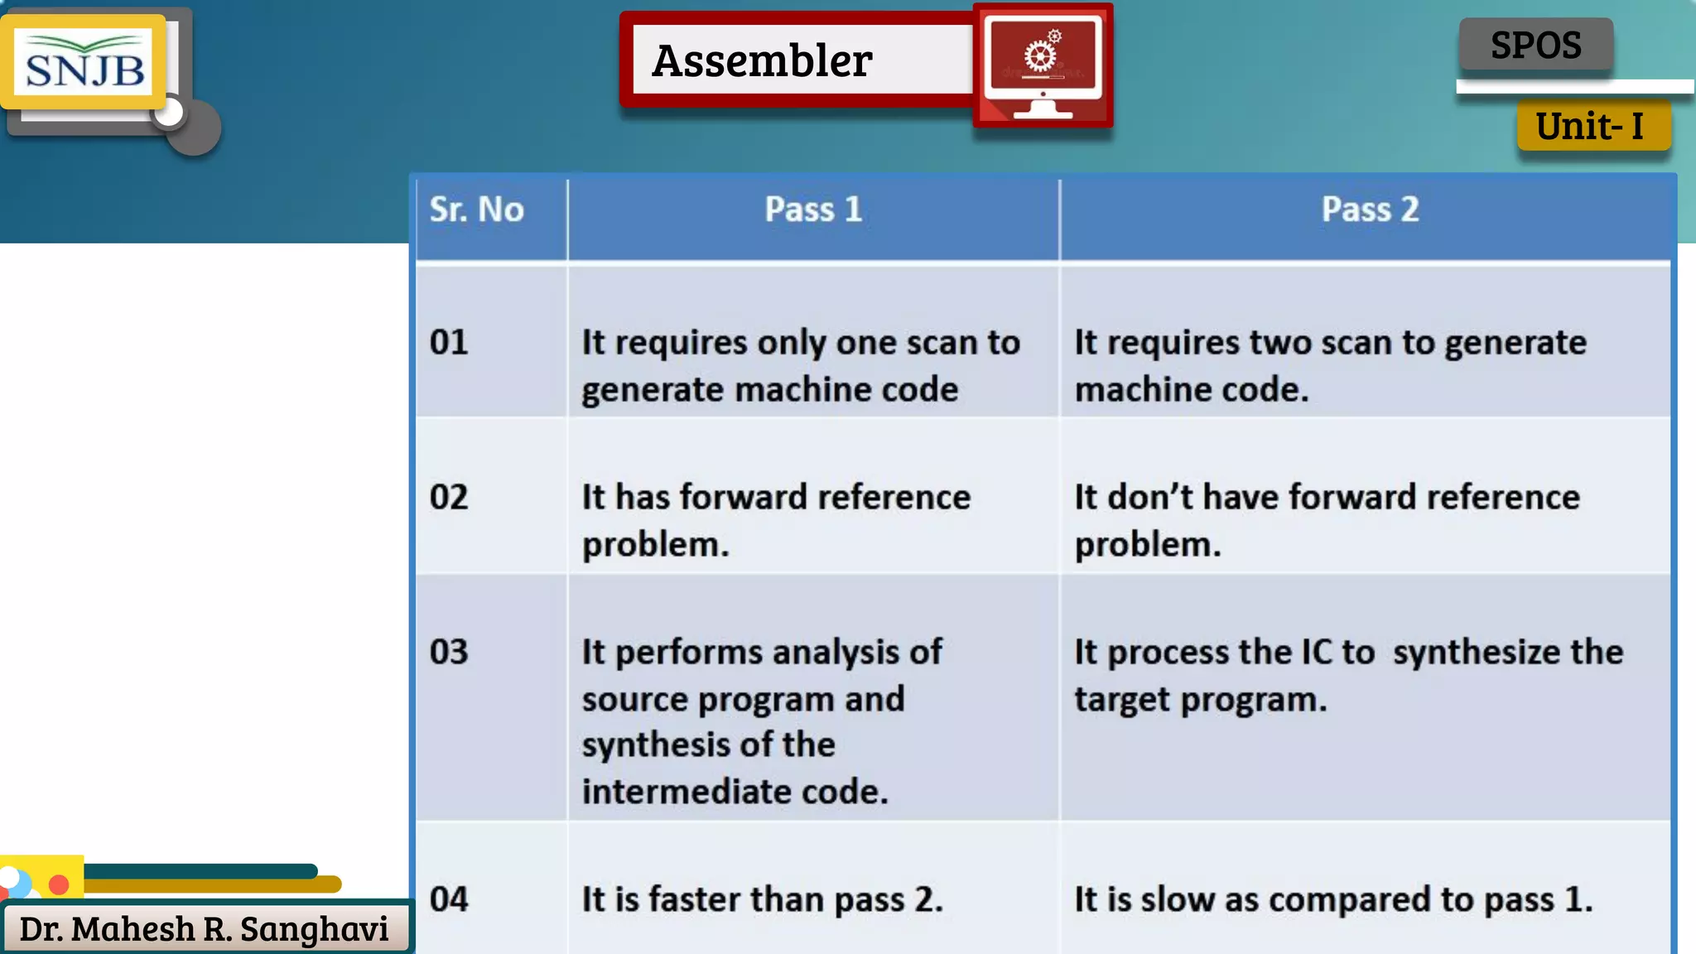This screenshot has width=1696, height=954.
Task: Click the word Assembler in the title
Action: click(x=762, y=60)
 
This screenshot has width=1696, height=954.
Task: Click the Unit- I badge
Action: click(x=1590, y=126)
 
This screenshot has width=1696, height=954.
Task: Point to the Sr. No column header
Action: click(x=476, y=210)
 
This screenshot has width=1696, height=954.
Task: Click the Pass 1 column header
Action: click(x=813, y=210)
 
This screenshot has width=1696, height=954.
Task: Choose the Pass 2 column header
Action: click(x=1370, y=210)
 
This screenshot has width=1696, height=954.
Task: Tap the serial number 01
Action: click(x=449, y=342)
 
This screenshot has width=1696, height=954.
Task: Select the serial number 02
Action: click(x=449, y=497)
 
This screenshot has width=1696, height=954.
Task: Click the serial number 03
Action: click(x=449, y=652)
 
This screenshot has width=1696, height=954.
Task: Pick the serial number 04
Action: click(x=449, y=899)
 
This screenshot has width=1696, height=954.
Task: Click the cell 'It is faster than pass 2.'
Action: click(x=762, y=899)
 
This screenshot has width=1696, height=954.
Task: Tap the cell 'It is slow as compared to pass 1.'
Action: click(x=1333, y=899)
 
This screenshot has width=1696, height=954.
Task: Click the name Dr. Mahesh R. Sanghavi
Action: click(x=204, y=929)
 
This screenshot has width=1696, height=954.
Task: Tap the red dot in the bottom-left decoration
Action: click(x=59, y=884)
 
